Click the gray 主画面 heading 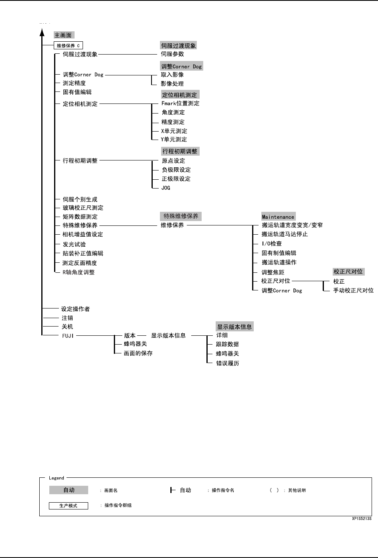(63, 35)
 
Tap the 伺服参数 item (172, 54)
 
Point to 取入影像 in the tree (172, 75)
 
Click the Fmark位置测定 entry (180, 103)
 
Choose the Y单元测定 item (174, 140)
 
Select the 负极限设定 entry (176, 170)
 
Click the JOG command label (166, 188)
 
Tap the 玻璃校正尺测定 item (83, 208)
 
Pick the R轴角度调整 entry (79, 272)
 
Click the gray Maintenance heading (278, 217)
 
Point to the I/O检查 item (271, 243)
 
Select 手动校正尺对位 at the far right (353, 290)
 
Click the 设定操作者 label (75, 309)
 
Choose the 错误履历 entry (228, 363)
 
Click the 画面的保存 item (138, 353)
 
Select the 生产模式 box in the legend (68, 505)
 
